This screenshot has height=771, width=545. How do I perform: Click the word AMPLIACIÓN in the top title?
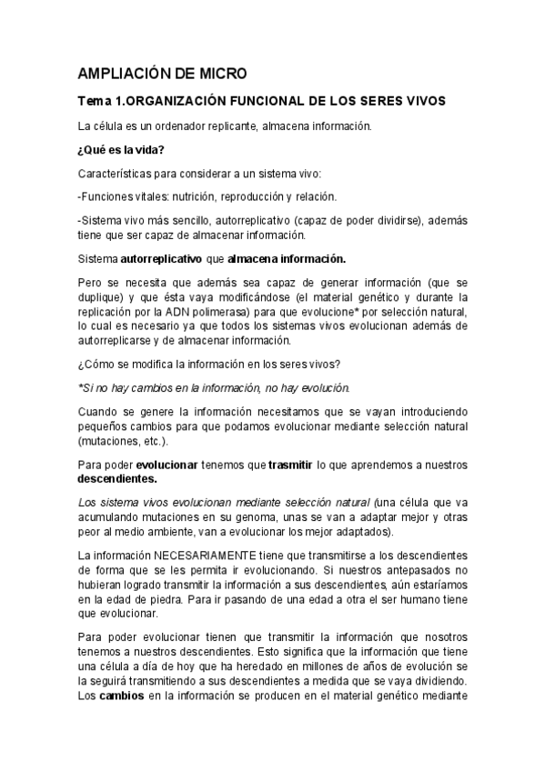123,73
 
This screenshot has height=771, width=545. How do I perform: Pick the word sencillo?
190,220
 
